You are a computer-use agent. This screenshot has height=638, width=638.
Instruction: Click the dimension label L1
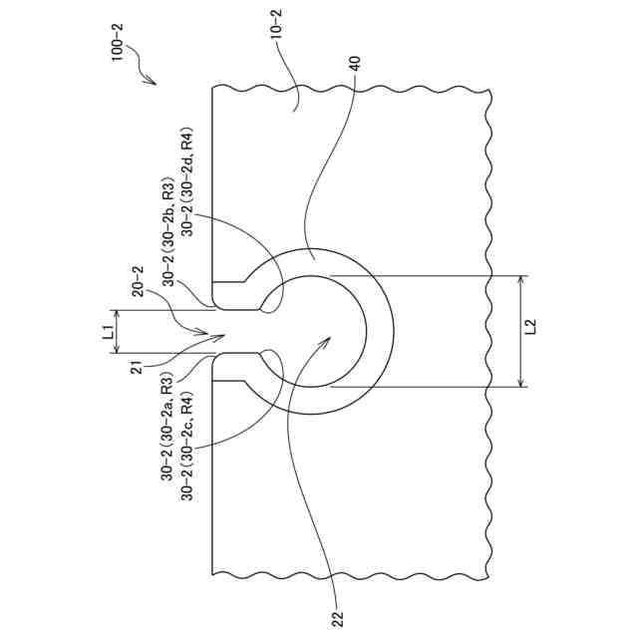[x=107, y=332]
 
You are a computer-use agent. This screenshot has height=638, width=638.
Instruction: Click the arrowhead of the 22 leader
[x=328, y=339]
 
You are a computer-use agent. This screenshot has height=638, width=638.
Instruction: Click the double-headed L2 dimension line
[x=520, y=330]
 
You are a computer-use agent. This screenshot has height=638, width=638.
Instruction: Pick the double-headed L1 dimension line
[x=118, y=332]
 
